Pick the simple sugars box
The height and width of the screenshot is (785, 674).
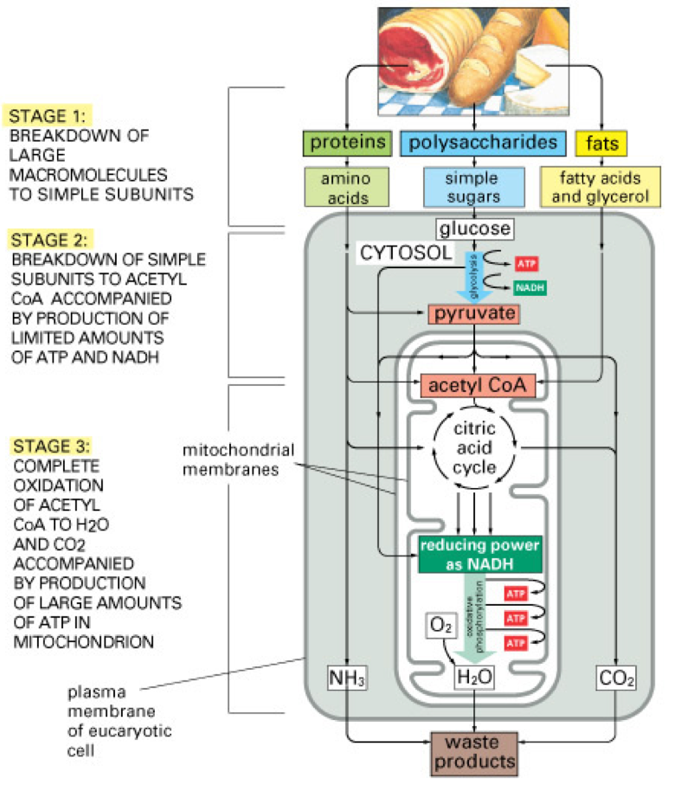click(472, 187)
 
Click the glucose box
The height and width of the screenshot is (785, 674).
click(473, 229)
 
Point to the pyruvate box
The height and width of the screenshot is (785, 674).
click(473, 312)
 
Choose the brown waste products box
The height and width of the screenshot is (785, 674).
click(473, 752)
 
